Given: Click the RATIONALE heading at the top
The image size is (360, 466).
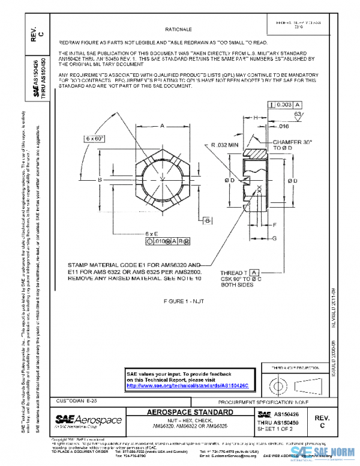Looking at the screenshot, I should (x=178, y=29).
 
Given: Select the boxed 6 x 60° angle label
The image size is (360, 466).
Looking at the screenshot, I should (x=94, y=138).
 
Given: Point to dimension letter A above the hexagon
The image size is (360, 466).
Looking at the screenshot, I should (x=162, y=126).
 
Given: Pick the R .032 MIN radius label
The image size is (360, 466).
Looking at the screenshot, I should (x=225, y=145).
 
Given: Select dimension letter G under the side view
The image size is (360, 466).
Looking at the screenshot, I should (x=274, y=238).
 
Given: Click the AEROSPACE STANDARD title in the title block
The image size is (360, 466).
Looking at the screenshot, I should (x=190, y=413).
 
